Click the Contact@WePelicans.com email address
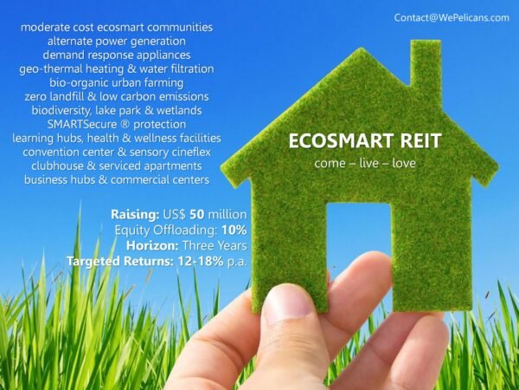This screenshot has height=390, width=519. (x=452, y=17)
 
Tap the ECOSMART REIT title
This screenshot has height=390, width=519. (x=365, y=140)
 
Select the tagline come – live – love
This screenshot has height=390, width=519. (x=365, y=163)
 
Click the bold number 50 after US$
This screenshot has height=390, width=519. (x=197, y=214)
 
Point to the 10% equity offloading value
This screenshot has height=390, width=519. (x=234, y=230)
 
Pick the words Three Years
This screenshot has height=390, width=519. (x=215, y=245)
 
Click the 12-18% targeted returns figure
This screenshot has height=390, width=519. (x=201, y=262)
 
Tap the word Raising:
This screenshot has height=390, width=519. (x=135, y=215)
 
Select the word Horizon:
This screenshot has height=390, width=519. (x=152, y=246)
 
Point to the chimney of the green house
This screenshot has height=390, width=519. (x=426, y=63)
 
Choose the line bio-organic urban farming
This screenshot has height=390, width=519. (x=117, y=82)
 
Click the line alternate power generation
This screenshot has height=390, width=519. (x=117, y=41)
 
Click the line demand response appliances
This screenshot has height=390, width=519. (x=117, y=55)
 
